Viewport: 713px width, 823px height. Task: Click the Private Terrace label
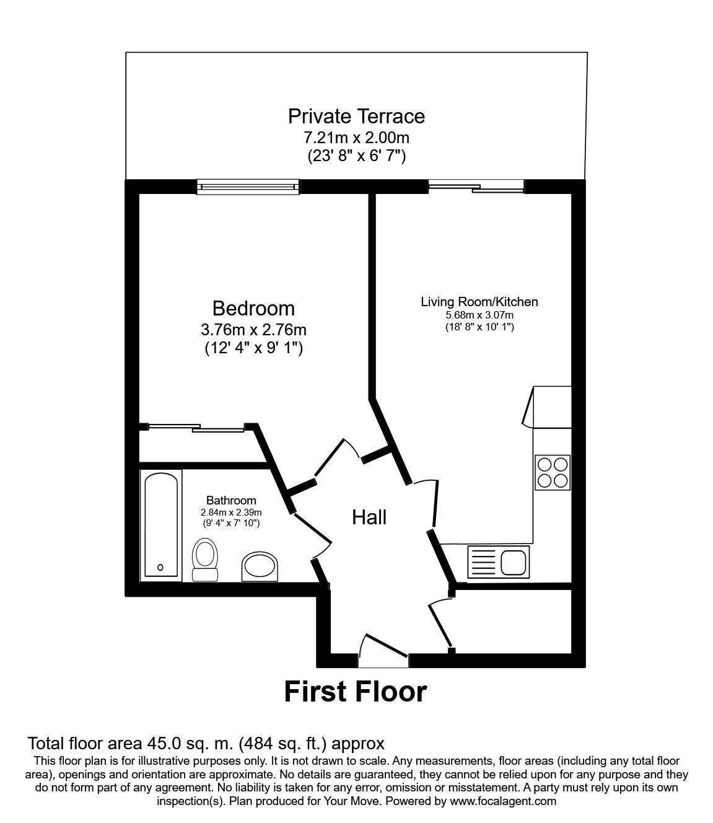click(x=356, y=117)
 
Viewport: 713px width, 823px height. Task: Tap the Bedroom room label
click(x=253, y=308)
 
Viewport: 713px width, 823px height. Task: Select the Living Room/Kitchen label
click(x=479, y=302)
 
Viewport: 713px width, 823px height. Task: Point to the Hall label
click(x=369, y=517)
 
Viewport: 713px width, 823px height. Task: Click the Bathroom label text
click(x=231, y=501)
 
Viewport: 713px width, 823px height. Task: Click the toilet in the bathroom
click(x=204, y=560)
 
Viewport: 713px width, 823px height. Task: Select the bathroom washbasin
click(x=260, y=566)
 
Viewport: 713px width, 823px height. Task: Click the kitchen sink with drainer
click(x=499, y=562)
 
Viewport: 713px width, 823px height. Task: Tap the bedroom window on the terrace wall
click(x=248, y=187)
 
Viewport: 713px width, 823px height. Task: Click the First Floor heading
click(x=356, y=692)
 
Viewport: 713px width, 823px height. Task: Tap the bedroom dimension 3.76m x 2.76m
click(x=253, y=328)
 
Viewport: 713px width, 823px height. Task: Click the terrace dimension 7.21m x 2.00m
click(x=356, y=137)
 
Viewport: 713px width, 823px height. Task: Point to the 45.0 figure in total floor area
click(x=160, y=744)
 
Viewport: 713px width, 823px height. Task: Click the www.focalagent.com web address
click(x=502, y=801)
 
